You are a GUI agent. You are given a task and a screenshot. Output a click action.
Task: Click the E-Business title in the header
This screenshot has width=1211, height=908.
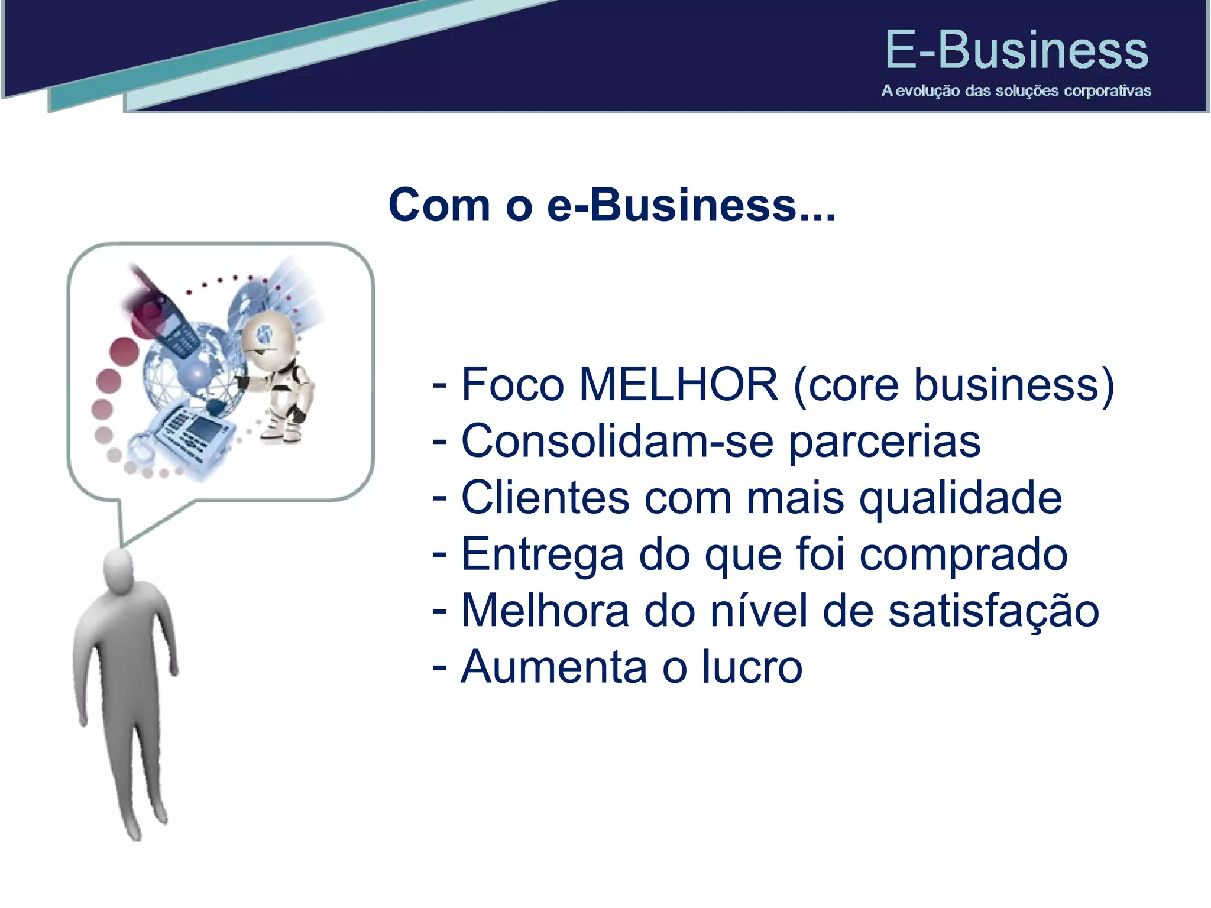click(1016, 51)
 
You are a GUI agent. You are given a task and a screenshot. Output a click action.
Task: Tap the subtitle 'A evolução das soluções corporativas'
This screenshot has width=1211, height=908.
click(1016, 91)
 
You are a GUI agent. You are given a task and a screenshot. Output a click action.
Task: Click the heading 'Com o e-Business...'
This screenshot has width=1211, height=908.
click(612, 205)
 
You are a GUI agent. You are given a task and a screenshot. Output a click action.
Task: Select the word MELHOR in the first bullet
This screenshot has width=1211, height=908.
click(678, 385)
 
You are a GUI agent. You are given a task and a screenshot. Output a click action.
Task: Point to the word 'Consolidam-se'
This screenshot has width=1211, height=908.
click(617, 441)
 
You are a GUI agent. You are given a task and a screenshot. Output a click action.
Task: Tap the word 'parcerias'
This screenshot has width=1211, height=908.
click(885, 442)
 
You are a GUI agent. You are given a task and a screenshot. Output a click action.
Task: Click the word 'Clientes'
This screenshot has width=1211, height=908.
click(545, 498)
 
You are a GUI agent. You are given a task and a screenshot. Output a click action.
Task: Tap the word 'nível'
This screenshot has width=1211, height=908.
click(759, 611)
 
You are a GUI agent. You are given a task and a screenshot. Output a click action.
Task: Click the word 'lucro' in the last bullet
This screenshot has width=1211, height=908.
click(752, 667)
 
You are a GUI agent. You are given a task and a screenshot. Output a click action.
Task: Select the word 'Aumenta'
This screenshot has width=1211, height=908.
click(554, 667)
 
